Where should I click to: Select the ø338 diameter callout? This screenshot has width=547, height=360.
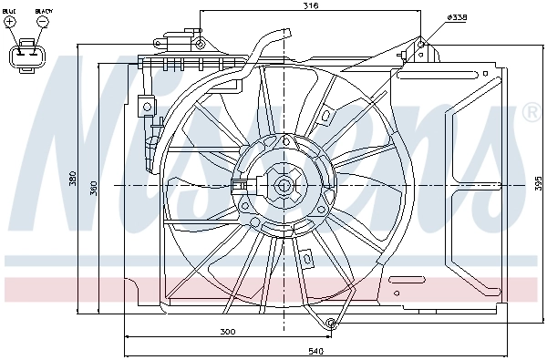[458, 18]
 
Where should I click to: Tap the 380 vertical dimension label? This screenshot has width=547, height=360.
[73, 180]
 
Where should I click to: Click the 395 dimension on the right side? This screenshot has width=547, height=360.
[538, 182]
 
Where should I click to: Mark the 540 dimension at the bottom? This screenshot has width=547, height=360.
[316, 350]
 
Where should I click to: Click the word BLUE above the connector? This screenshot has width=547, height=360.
[10, 13]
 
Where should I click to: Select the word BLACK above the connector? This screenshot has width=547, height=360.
[42, 13]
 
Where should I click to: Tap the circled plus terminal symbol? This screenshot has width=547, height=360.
[10, 24]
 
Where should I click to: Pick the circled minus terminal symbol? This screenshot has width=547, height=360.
[42, 24]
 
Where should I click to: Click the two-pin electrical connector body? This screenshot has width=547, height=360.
[26, 55]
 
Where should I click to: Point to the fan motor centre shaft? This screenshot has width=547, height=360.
[283, 186]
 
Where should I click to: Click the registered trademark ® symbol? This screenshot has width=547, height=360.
[531, 112]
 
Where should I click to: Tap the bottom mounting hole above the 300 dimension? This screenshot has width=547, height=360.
[332, 323]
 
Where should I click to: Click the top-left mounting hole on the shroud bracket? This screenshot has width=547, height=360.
[200, 42]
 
